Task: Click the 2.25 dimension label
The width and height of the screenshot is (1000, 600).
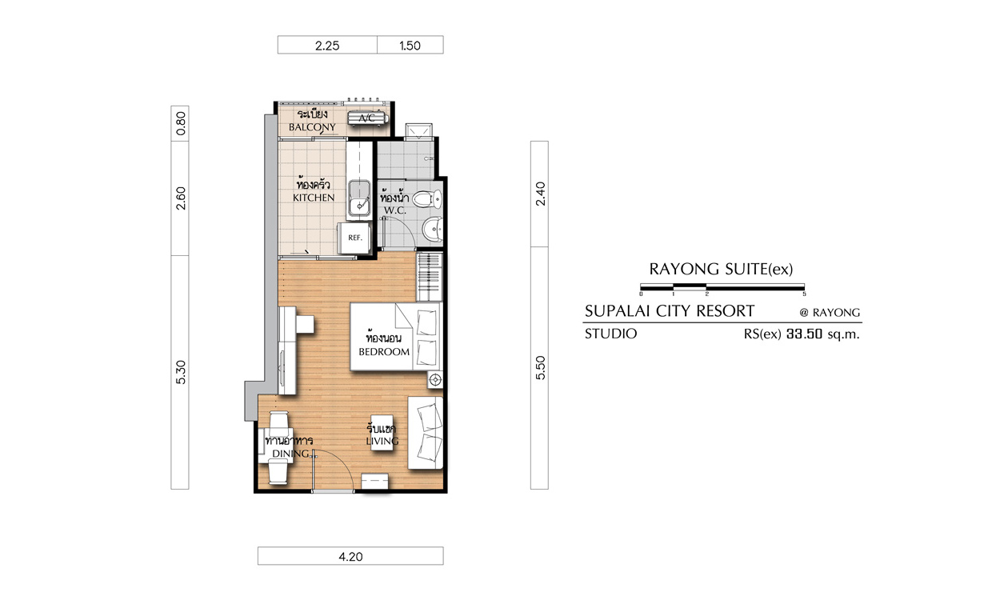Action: [327, 46]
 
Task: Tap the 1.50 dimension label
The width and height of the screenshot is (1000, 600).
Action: [410, 46]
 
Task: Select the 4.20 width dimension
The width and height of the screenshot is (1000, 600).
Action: [350, 557]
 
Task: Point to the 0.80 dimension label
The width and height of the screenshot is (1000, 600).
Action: [180, 124]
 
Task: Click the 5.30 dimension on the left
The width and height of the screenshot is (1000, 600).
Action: [180, 372]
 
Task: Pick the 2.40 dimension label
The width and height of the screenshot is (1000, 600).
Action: [540, 194]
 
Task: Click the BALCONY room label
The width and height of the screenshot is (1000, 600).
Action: [312, 127]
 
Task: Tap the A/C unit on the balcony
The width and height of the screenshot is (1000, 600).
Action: [368, 118]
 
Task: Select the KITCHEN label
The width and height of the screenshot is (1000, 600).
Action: [314, 198]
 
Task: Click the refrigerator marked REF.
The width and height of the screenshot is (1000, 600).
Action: [354, 238]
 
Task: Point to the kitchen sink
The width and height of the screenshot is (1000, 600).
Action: [359, 198]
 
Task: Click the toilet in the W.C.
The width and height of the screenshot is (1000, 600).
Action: [426, 198]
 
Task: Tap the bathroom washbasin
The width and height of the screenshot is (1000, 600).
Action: [433, 230]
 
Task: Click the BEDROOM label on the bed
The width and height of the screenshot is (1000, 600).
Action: [384, 352]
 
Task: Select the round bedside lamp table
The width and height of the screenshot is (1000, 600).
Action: [435, 380]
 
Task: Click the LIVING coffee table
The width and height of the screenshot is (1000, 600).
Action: [382, 433]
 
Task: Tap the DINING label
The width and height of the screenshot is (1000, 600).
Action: [290, 454]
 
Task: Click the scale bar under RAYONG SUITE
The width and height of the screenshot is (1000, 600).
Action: [722, 287]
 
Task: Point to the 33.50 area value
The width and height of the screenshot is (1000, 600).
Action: [804, 334]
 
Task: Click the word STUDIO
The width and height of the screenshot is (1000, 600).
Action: [610, 334]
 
